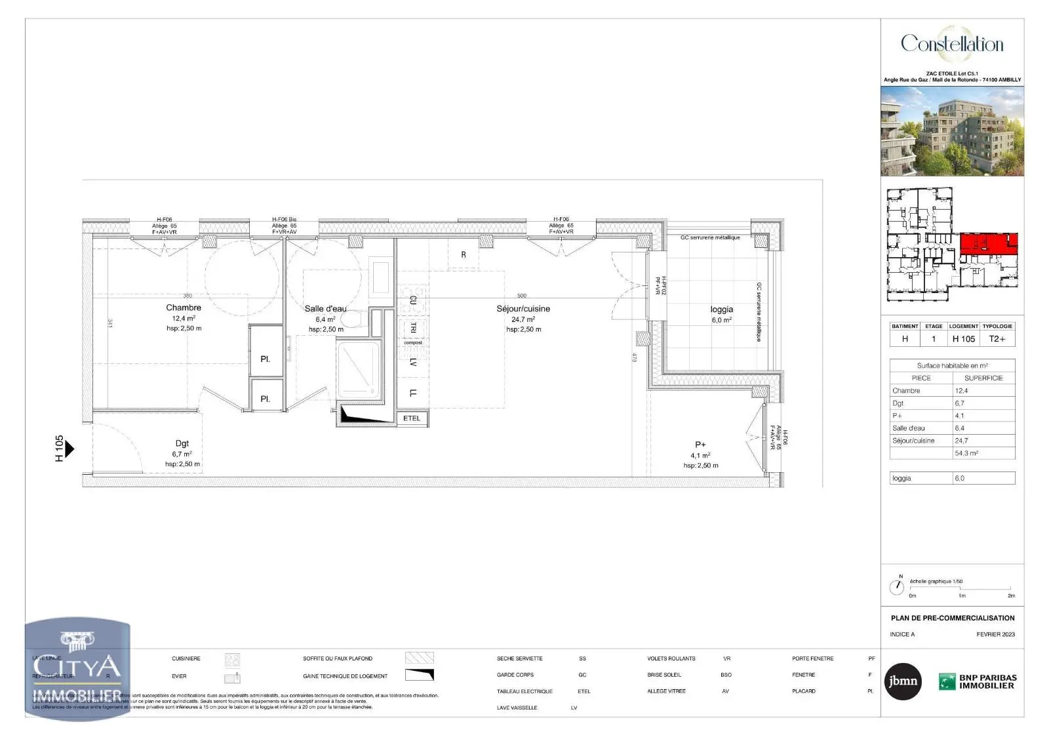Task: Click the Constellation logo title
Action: coord(952,44)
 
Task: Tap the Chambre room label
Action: coord(184,308)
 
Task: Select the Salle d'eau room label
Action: coord(325,309)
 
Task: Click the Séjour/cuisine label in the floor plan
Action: coord(523,309)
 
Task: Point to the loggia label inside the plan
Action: coord(721,310)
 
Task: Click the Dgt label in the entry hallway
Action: coord(182,444)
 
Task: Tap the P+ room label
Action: coord(700,445)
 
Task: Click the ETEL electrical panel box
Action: coord(412,418)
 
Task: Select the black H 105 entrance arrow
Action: coord(69,449)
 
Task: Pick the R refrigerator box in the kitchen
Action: coord(464,254)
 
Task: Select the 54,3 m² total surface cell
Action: coord(983,453)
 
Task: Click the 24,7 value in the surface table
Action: coord(962,441)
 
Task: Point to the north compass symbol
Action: coord(896,586)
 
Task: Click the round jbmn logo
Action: coord(903,682)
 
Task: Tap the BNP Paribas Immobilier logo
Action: coord(978,682)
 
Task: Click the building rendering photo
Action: coord(952,131)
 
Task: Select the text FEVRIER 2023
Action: coord(995,634)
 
